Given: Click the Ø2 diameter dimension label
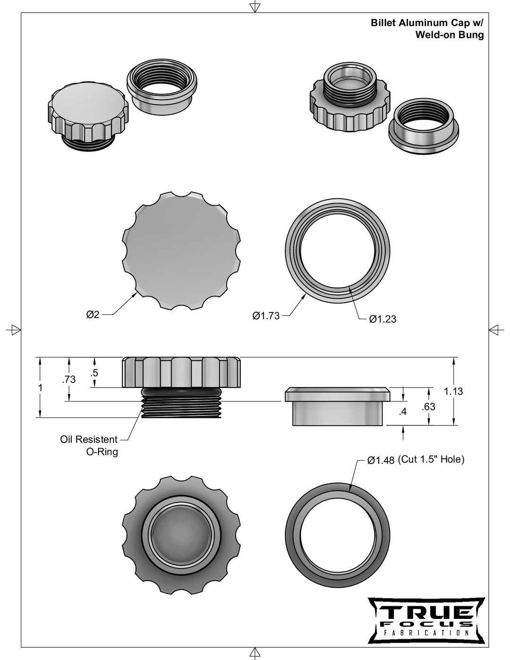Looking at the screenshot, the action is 93,314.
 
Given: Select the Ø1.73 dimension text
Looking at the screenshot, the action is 266,316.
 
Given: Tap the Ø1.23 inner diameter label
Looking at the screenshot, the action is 382,319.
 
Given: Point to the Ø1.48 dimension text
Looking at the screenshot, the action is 381,461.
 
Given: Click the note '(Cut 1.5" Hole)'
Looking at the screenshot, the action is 431,459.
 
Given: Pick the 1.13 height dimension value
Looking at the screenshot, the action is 453,391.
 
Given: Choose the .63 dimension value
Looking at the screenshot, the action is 428,406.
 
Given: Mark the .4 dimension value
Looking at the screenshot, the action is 403,412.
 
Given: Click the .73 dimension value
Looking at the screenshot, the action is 68,380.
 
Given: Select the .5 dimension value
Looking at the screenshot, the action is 94,372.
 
